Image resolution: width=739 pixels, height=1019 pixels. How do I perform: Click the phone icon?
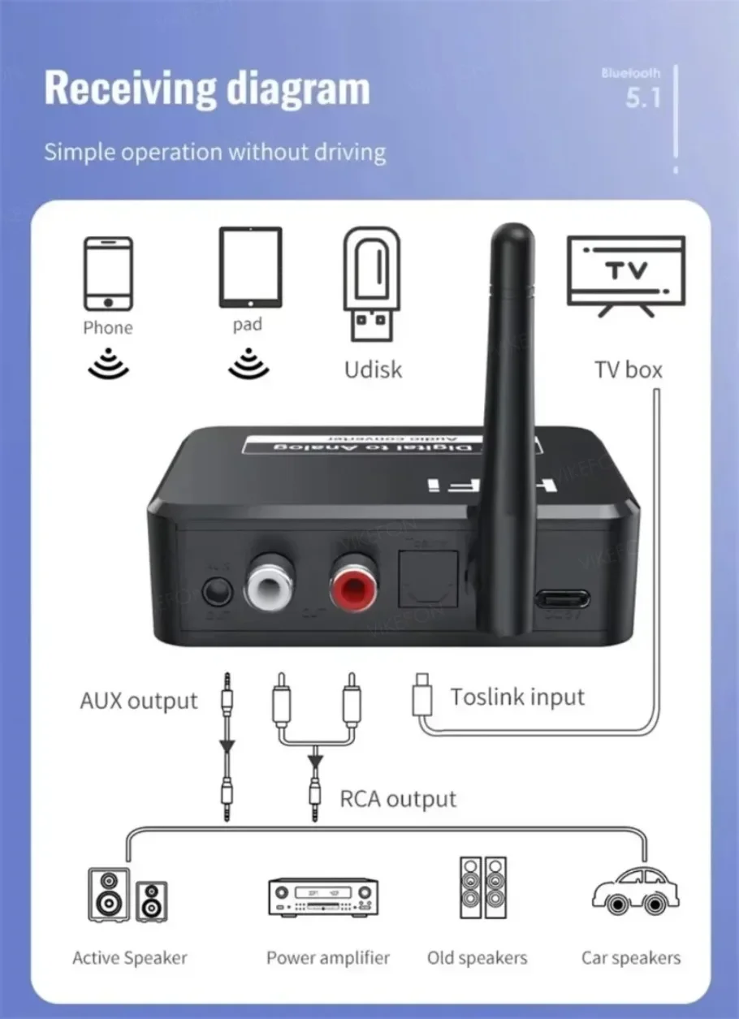pos(107,274)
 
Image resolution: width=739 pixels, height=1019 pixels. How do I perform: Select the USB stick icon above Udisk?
pos(373,283)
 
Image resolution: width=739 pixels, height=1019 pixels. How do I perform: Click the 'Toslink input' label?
pos(517,697)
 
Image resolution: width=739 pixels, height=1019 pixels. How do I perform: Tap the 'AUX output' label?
pos(139,701)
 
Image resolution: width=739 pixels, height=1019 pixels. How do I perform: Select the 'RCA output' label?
pos(398,799)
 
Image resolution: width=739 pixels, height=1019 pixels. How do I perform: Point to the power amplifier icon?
pos(323,897)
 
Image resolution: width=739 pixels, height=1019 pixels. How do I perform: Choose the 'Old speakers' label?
pos(477,958)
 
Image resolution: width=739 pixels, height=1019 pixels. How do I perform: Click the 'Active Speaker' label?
pos(130,958)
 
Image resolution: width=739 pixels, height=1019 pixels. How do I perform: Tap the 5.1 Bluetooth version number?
pos(644,98)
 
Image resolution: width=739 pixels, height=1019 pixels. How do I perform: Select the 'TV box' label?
pos(628,370)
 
